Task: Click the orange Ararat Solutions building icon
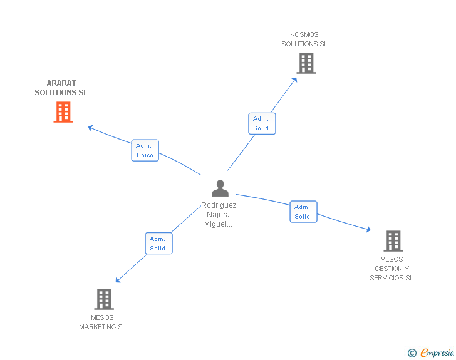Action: pos(63,112)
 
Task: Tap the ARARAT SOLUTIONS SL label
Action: pos(61,88)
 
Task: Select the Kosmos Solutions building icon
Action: pos(306,63)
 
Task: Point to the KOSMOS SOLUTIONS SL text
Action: pos(304,39)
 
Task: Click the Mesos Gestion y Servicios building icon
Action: pos(393,240)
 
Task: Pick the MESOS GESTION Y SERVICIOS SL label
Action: pos(391,269)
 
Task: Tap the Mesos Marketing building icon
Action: pos(104,299)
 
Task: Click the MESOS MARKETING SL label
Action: pos(102,322)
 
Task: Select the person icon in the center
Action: pos(220,188)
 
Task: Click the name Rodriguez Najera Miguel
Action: pos(219,214)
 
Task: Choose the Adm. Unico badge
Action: pos(145,150)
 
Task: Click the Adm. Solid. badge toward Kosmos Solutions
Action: pos(262,123)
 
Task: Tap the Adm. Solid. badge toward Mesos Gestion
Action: pos(303,212)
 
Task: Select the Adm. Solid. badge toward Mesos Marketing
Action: pos(158,244)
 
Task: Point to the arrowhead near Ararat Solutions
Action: pos(90,127)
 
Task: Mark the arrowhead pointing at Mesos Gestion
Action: pos(368,230)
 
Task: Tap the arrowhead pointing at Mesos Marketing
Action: pos(118,280)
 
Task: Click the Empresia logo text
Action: pos(437,353)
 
